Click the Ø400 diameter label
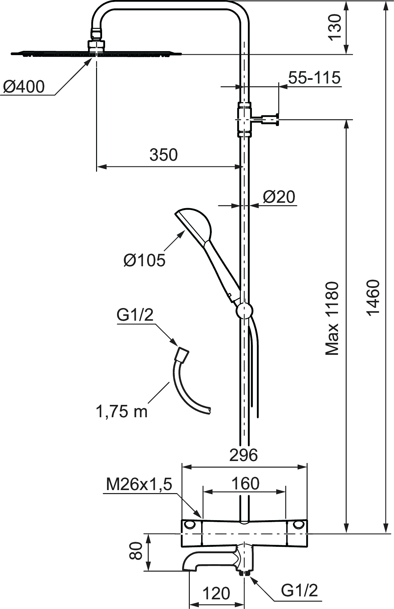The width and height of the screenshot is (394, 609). click(24, 87)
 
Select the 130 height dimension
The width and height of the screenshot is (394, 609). click(335, 27)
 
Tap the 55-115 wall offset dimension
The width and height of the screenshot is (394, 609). click(314, 78)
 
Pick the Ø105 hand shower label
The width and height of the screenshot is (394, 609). click(144, 260)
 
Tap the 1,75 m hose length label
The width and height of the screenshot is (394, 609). click(121, 411)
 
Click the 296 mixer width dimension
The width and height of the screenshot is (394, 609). click(244, 455)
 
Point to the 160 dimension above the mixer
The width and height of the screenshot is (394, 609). click(245, 483)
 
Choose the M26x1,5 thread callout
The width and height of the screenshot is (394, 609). click(139, 484)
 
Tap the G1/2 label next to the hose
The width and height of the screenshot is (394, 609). click(135, 315)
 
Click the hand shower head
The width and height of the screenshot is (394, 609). click(193, 224)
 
